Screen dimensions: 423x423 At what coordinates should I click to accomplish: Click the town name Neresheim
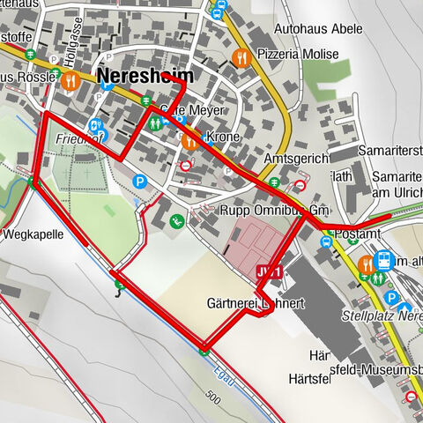145,76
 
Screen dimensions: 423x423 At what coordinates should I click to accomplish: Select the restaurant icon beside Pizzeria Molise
240,57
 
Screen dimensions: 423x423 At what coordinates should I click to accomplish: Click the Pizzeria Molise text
298,55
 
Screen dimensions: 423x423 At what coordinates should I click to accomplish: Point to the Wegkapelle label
32,236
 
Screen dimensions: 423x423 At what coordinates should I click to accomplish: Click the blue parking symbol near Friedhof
139,182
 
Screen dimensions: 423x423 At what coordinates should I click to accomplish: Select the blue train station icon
384,260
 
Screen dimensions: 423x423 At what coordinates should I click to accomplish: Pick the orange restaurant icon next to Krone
190,140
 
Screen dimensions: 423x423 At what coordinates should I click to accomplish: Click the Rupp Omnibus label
273,209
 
